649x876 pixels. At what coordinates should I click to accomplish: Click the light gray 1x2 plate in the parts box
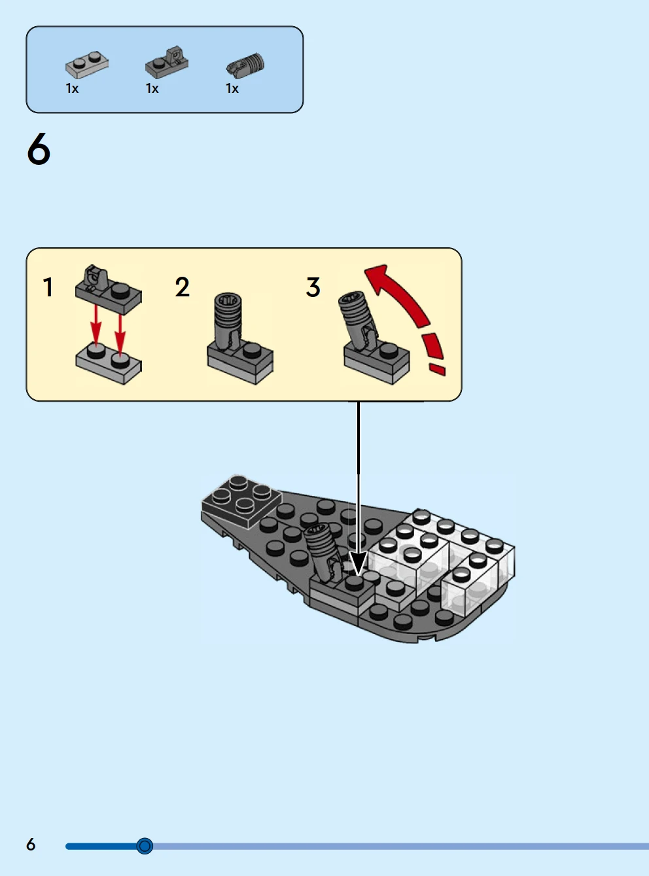pyautogui.click(x=87, y=65)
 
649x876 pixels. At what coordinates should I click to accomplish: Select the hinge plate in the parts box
pyautogui.click(x=167, y=63)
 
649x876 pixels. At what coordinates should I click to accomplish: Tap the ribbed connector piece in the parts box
pyautogui.click(x=246, y=65)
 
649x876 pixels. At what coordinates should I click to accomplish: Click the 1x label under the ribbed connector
pyautogui.click(x=232, y=88)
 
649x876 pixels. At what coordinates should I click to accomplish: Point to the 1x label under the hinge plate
pyautogui.click(x=152, y=88)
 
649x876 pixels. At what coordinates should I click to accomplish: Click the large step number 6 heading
pyautogui.click(x=39, y=149)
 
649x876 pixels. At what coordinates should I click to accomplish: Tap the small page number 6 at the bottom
pyautogui.click(x=31, y=845)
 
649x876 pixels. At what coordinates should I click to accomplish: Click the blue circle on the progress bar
pyautogui.click(x=145, y=846)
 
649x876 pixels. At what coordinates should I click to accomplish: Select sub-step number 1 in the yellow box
pyautogui.click(x=48, y=287)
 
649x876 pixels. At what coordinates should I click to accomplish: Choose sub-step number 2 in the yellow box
pyautogui.click(x=182, y=287)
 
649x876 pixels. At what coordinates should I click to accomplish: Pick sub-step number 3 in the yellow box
pyautogui.click(x=313, y=287)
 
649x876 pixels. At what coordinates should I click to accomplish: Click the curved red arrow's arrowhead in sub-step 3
pyautogui.click(x=378, y=278)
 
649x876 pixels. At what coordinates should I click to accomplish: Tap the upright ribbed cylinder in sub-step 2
pyautogui.click(x=227, y=320)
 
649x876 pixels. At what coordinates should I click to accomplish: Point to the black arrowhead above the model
pyautogui.click(x=359, y=563)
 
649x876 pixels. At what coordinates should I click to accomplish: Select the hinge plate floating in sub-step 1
pyautogui.click(x=108, y=290)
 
